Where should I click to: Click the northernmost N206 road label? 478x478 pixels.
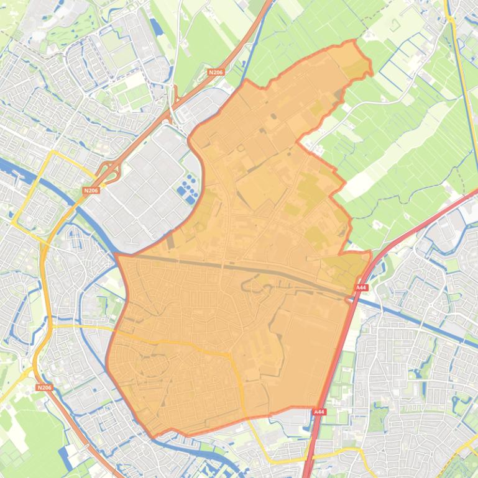216,73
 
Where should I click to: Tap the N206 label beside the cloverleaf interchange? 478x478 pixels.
91,191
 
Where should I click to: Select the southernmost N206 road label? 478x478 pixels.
44,387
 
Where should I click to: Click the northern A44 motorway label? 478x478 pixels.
361,288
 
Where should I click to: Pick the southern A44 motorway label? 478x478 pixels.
319,412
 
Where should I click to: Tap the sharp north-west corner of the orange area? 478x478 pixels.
116,255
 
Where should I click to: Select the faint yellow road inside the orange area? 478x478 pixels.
186,345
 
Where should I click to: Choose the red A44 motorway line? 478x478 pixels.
336,360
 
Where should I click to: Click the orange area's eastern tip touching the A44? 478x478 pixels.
369,253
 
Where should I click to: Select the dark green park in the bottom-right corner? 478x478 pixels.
460,466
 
